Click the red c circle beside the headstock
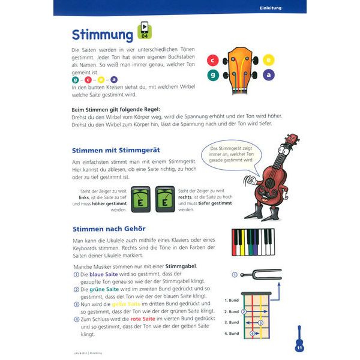tap(212, 60)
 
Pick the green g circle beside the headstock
tap(212, 75)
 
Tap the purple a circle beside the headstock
tap(269, 74)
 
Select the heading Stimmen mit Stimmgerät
tap(115, 150)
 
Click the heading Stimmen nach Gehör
tap(109, 228)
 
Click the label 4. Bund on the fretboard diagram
tap(231, 333)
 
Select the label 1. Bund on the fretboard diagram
tap(231, 300)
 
